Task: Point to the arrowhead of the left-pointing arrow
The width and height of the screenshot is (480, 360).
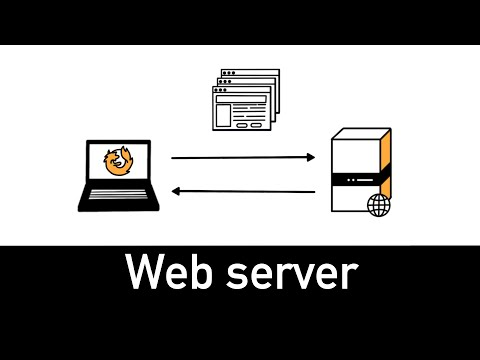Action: (178, 191)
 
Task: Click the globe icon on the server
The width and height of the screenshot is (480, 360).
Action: (379, 206)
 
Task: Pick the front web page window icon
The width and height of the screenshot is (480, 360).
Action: (239, 110)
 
